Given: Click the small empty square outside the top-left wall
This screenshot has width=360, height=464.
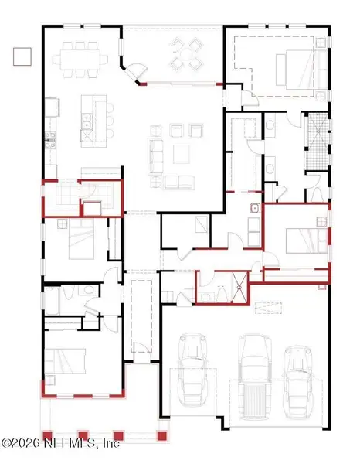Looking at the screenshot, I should (22, 55).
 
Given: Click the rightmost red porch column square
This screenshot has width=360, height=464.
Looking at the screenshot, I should (162, 436).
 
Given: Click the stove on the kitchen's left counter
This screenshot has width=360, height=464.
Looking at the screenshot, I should (50, 141).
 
